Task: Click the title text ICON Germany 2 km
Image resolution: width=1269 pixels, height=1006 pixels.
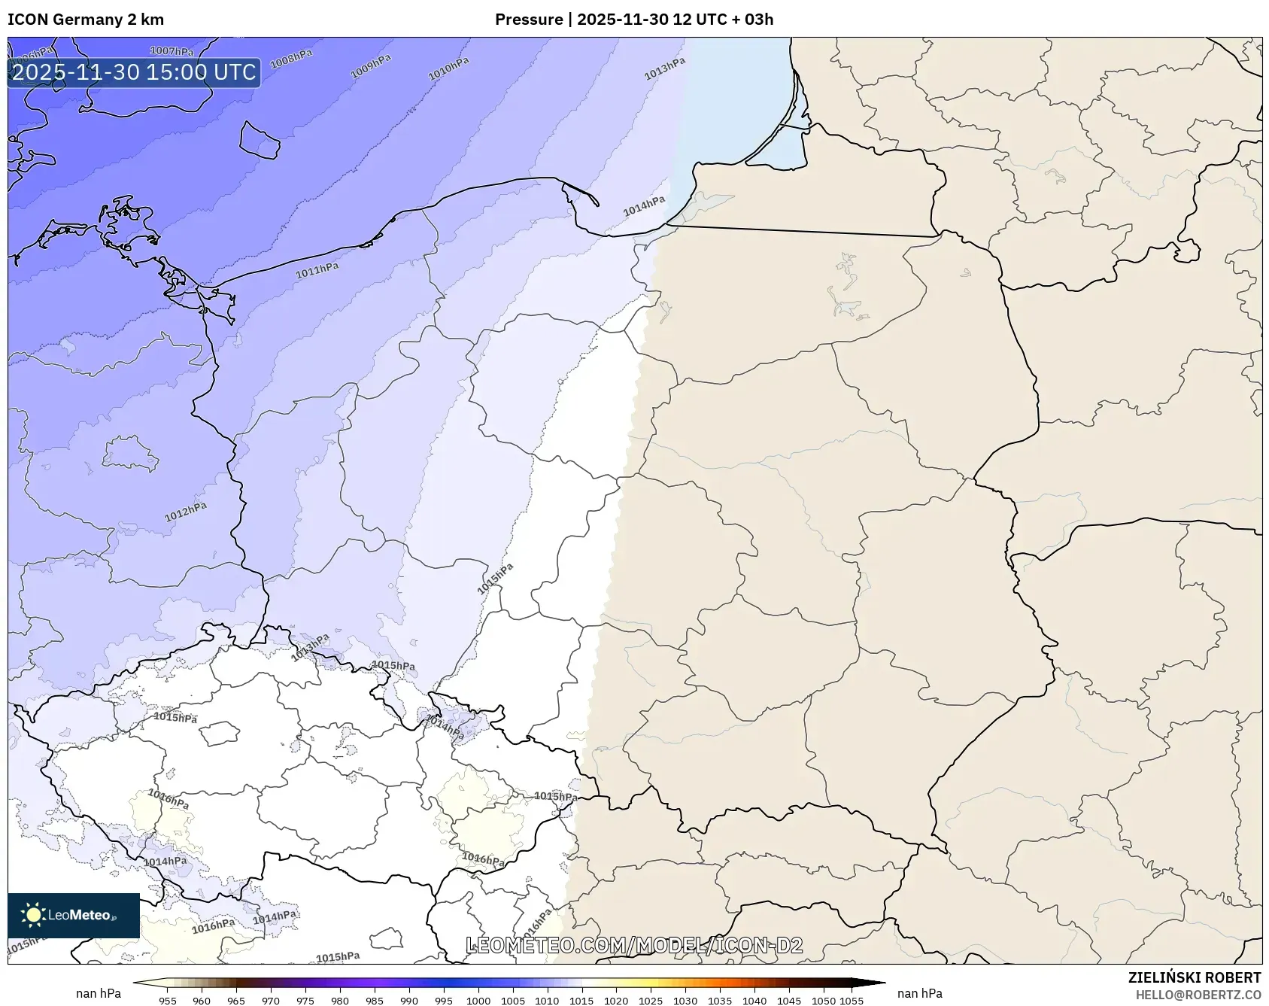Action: point(86,20)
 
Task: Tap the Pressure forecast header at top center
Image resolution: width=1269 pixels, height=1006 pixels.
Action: point(633,20)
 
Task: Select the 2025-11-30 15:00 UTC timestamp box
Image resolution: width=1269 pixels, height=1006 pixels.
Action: point(134,72)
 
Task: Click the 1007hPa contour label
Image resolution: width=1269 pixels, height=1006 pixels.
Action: point(172,51)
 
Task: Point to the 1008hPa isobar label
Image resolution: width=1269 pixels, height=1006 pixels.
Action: point(291,59)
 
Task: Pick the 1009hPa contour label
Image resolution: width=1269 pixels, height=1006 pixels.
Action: point(371,67)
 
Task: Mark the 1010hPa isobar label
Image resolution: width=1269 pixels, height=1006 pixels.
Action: point(448,69)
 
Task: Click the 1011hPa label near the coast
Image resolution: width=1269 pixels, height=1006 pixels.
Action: point(317,270)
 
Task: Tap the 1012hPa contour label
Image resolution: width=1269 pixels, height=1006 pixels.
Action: point(186,512)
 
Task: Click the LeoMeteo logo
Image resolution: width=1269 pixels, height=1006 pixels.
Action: point(74,915)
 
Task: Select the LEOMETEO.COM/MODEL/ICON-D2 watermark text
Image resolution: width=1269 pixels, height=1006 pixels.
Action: point(634,945)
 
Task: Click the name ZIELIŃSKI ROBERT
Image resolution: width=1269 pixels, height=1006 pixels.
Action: point(1195,977)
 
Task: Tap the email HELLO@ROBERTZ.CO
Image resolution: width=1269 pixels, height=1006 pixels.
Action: point(1198,995)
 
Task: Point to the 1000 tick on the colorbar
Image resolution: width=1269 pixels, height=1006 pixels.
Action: point(478,1001)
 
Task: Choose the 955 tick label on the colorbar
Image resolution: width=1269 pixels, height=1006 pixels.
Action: point(168,1001)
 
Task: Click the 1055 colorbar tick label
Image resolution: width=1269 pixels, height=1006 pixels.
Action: point(852,1001)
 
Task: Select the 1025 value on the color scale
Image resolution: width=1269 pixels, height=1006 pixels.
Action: point(651,1001)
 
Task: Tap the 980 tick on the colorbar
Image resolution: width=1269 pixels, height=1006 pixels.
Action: point(340,1001)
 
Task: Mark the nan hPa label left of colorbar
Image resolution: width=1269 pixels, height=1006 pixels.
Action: point(99,993)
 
